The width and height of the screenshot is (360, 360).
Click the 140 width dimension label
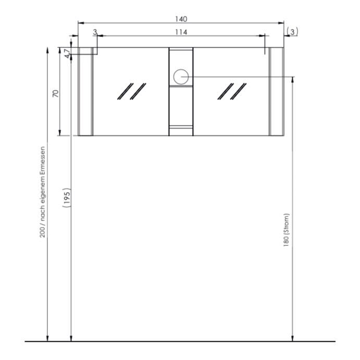point(181,19)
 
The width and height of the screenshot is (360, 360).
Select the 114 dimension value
point(181,32)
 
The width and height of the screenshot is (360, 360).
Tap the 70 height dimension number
point(56,94)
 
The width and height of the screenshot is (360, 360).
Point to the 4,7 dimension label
point(67,53)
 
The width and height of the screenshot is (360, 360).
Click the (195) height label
point(67,197)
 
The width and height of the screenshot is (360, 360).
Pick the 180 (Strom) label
point(287,230)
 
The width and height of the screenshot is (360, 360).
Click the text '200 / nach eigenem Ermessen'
point(43,192)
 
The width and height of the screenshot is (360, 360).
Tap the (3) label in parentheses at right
point(292,32)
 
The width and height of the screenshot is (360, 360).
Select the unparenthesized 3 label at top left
point(95,32)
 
